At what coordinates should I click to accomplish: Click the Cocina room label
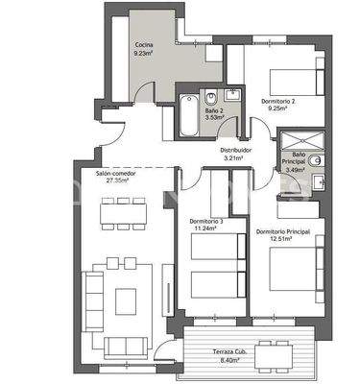(x=145, y=45)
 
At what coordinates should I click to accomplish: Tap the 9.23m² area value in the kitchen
(x=145, y=55)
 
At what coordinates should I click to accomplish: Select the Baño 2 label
(x=213, y=109)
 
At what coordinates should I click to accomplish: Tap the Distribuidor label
(x=236, y=150)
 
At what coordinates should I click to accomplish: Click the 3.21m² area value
(x=236, y=158)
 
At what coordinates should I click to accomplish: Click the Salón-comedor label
(x=116, y=174)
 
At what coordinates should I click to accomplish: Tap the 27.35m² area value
(x=116, y=181)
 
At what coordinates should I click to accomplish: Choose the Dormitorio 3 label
(x=206, y=222)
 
